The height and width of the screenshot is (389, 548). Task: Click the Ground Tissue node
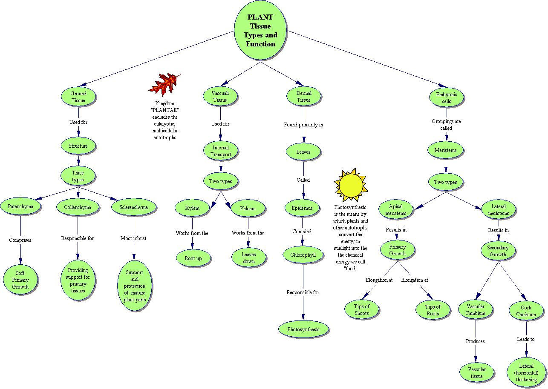[78, 97]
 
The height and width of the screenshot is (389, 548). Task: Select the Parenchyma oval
[20, 207]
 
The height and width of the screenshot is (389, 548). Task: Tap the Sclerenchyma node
[134, 207]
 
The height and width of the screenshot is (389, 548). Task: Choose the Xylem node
[192, 208]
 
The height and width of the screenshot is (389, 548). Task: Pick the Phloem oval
[248, 209]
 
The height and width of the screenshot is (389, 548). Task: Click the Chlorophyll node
[303, 255]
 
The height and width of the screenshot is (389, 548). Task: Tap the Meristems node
[445, 150]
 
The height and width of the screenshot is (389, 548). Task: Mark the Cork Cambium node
[526, 311]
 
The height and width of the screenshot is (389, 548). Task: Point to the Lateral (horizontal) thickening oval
[526, 373]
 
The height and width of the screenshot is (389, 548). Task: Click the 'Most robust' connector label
[133, 238]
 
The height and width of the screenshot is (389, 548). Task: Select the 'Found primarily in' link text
[303, 125]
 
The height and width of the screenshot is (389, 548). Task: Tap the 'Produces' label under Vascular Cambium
[475, 341]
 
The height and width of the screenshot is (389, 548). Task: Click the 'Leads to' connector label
[525, 339]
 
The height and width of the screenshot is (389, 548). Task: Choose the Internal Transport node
[221, 151]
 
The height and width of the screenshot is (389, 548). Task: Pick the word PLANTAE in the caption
[164, 110]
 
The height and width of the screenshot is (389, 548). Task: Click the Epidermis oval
[302, 208]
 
